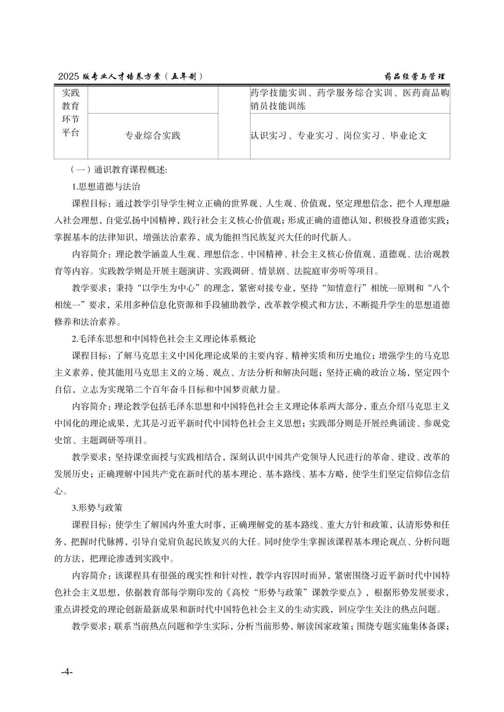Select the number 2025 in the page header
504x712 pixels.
pyautogui.click(x=68, y=77)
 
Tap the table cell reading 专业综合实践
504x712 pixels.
pyautogui.click(x=153, y=136)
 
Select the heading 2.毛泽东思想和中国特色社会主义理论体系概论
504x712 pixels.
pyautogui.click(x=164, y=339)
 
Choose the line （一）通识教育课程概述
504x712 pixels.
pyautogui.click(x=119, y=170)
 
